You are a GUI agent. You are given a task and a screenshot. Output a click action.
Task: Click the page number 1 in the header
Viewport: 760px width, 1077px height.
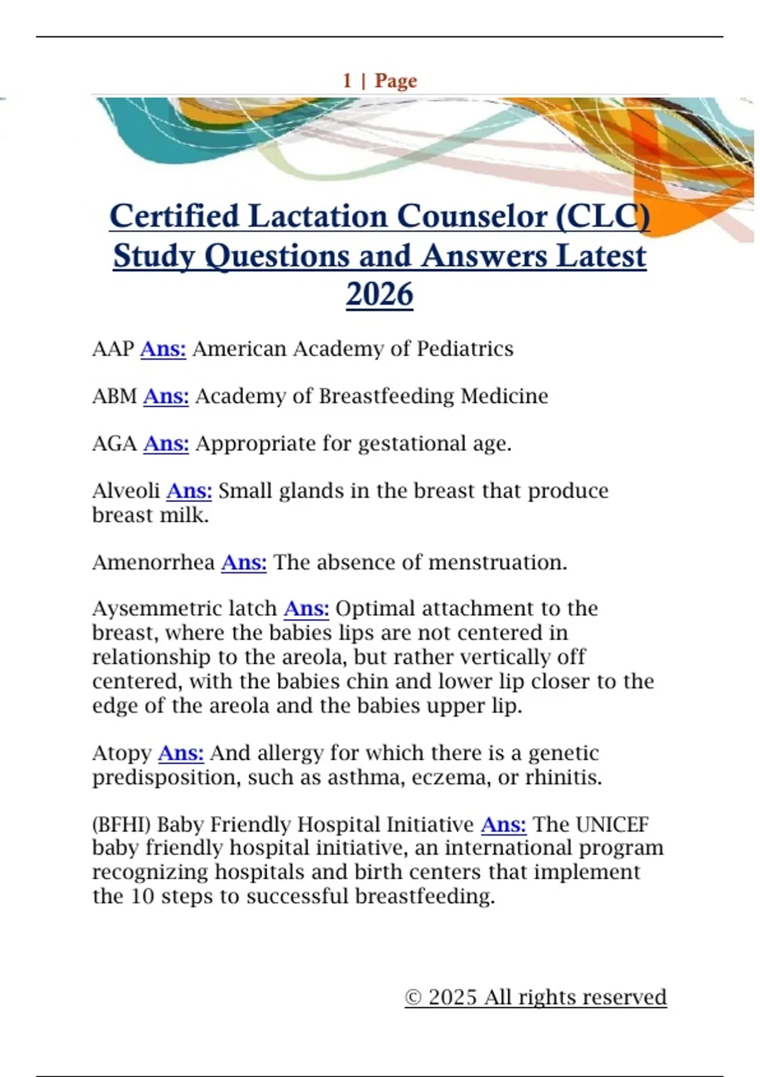point(347,81)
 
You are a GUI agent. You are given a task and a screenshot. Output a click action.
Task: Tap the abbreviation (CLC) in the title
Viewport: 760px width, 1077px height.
point(602,217)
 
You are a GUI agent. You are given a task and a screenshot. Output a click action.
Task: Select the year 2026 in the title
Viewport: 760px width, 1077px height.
point(379,295)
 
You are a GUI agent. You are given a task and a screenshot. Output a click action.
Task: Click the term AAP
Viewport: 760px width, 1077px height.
point(113,349)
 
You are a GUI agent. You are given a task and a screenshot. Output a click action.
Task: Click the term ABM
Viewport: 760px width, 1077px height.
point(115,397)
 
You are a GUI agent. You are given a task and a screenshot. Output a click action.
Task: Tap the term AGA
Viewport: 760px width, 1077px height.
point(115,443)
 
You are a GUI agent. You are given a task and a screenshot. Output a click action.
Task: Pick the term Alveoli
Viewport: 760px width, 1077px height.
point(126,491)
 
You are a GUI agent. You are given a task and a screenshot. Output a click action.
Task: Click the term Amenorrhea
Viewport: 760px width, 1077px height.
point(153,563)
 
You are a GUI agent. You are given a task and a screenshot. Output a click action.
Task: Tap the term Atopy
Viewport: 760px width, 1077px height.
point(122,753)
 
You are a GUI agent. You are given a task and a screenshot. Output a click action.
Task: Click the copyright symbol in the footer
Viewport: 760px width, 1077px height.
point(413,998)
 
